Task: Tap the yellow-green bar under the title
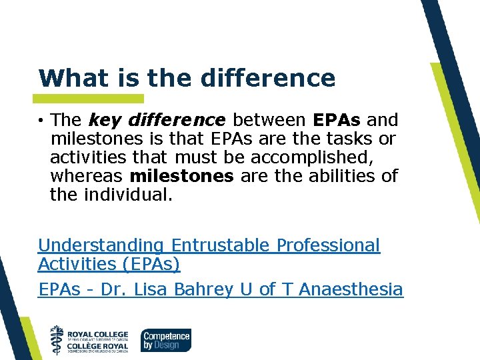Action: [91, 98]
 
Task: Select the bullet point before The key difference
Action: [41, 121]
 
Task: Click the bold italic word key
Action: [103, 121]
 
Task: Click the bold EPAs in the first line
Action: [337, 120]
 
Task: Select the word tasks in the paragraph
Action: [350, 139]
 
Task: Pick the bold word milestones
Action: [182, 176]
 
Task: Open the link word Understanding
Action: [101, 245]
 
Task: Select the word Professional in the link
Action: [328, 245]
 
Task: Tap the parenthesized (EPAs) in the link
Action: [151, 264]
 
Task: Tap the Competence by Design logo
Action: [166, 339]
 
